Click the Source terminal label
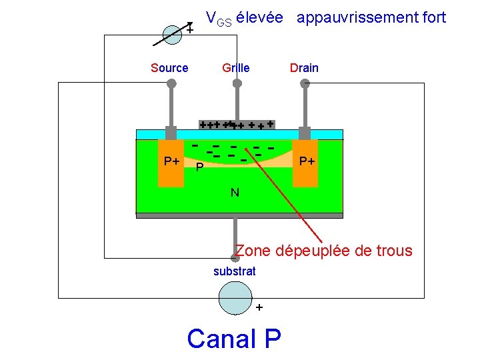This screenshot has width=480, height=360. coord(169,67)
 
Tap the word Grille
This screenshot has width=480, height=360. coord(235,67)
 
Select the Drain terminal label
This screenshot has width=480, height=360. coord(304,67)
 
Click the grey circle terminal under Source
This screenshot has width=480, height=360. coord(171,83)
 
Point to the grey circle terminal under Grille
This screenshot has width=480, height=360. coord(236,83)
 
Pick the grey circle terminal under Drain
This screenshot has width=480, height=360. coord(305,83)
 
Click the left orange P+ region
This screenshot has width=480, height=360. coord(171,163)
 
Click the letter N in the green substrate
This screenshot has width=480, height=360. coord(235,193)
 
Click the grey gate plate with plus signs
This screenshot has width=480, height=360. coord(237,125)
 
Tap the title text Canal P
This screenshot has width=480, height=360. coord(234,339)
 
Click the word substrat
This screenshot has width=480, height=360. coord(234,271)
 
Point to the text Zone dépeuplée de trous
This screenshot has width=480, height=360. coord(324,251)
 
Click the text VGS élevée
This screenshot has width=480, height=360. coord(243,17)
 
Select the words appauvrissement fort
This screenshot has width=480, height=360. coord(371,17)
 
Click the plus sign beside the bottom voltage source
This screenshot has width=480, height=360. coord(259,308)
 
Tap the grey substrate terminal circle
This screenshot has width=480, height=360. coord(234,251)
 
